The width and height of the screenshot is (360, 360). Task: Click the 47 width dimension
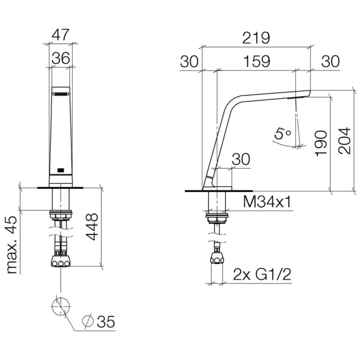(x=61, y=35)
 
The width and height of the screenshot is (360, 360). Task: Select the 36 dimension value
(x=61, y=58)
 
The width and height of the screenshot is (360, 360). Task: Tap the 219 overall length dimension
(x=256, y=38)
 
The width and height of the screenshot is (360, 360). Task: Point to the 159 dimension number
(x=256, y=61)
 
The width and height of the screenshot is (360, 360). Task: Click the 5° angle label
(x=282, y=134)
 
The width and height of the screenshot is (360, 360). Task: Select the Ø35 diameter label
(x=99, y=322)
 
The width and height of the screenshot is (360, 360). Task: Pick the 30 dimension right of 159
(x=330, y=61)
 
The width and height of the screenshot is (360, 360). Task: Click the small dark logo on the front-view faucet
(x=60, y=169)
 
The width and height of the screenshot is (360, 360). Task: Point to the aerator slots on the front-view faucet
(x=60, y=94)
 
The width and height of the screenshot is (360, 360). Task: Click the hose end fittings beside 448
(x=61, y=261)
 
